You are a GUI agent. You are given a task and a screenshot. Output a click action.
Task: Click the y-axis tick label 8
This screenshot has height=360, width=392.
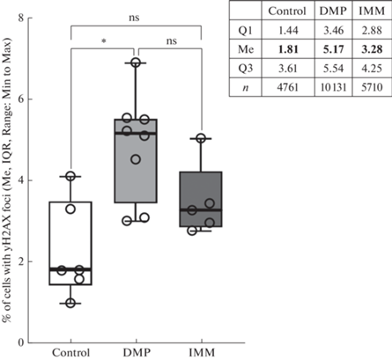(20, 18)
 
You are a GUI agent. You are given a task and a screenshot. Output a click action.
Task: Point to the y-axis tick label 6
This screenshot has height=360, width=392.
(20, 99)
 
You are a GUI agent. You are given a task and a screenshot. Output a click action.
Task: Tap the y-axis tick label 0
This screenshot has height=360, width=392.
(20, 342)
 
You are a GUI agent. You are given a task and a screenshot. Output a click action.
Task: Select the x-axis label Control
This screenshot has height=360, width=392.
(71, 352)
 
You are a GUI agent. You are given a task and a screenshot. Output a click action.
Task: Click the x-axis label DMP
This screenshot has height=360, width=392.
(137, 352)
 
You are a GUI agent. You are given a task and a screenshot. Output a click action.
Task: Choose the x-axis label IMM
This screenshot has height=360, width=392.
(202, 352)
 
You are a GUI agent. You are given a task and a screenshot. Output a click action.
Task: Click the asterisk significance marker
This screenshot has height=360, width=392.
(103, 41)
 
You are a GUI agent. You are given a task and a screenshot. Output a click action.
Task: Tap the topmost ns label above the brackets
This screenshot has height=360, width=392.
(134, 18)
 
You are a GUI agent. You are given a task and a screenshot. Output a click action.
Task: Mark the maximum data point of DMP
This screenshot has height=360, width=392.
(136, 62)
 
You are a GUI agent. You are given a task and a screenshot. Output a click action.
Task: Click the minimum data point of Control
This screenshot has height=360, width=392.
(70, 303)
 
